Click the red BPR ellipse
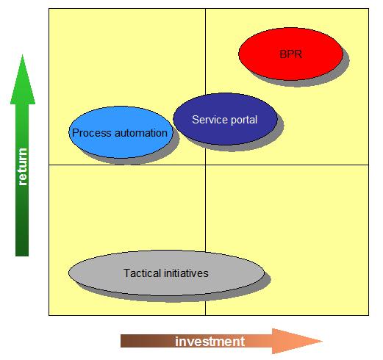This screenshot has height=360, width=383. click(290, 54)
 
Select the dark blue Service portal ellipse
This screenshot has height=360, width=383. click(225, 119)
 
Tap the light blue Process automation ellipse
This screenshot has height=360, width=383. click(121, 132)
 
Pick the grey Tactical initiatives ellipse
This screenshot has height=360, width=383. click(166, 273)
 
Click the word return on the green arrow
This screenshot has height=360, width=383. click(23, 167)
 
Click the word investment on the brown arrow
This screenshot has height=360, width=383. click(210, 342)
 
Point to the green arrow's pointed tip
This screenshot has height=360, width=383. click(23, 55)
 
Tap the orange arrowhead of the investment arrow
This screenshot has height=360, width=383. click(297, 341)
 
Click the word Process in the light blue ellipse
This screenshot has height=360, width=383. click(92, 133)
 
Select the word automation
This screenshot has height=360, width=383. click(141, 133)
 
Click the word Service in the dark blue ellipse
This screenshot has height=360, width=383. click(207, 120)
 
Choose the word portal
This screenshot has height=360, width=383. click(241, 120)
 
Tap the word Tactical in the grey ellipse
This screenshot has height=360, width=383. click(142, 273)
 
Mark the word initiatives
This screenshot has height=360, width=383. click(186, 273)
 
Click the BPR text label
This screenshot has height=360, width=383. click(290, 54)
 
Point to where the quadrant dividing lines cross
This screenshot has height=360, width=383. click(205, 165)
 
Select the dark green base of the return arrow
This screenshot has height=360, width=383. click(22, 245)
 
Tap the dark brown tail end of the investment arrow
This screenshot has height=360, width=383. click(127, 341)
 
